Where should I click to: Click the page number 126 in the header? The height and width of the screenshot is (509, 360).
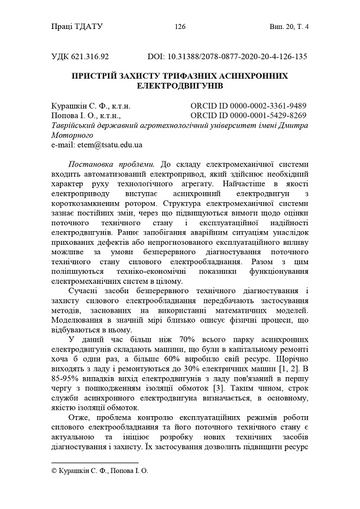tap(180, 26)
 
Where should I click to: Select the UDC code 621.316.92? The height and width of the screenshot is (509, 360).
tap(90, 57)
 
